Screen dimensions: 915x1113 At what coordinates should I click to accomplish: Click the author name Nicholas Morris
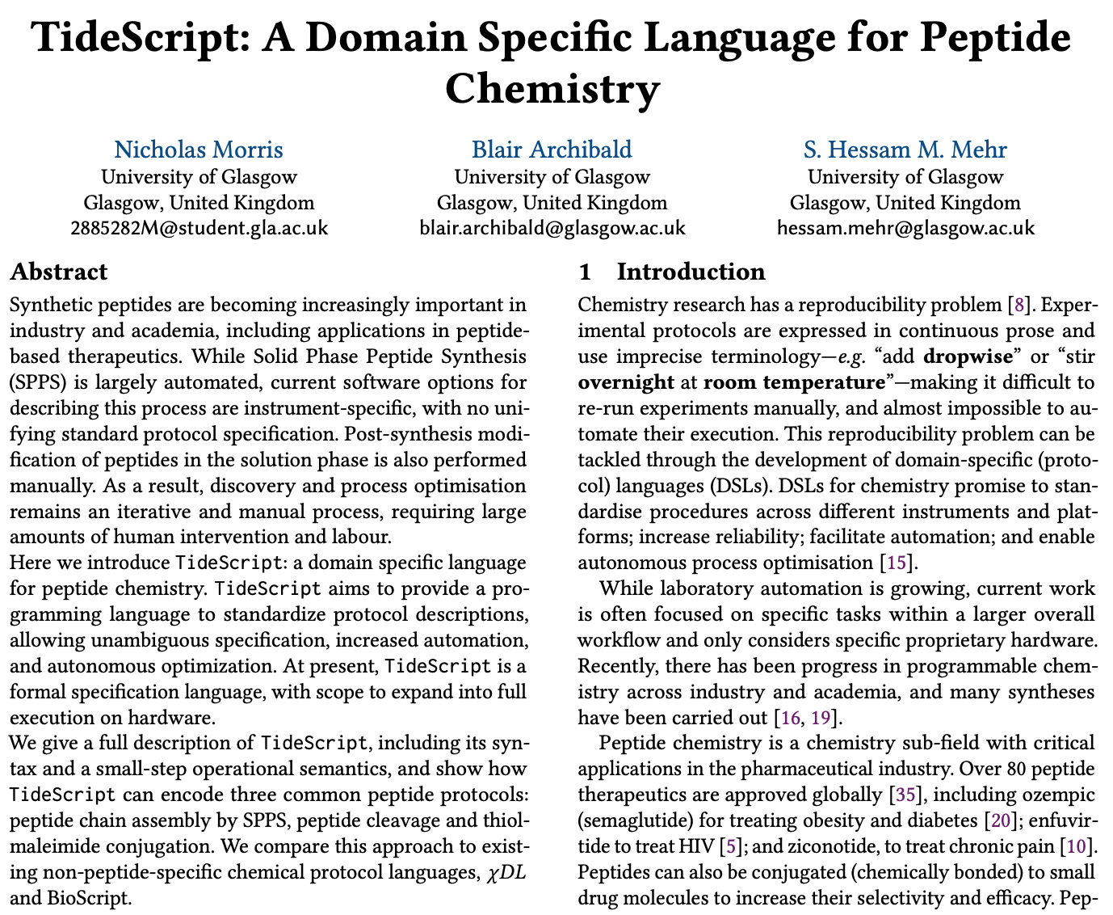coord(199,150)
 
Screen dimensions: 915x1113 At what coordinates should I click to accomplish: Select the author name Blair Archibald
coord(552,150)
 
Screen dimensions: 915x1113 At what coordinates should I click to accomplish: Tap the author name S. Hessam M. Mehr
coord(905,150)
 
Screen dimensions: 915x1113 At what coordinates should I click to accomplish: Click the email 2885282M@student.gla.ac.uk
coord(199,228)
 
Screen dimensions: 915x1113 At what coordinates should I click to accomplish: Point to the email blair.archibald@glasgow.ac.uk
coord(552,228)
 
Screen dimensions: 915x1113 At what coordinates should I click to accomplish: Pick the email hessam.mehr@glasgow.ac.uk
coord(905,228)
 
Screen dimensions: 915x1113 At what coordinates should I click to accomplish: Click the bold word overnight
coord(626,382)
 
